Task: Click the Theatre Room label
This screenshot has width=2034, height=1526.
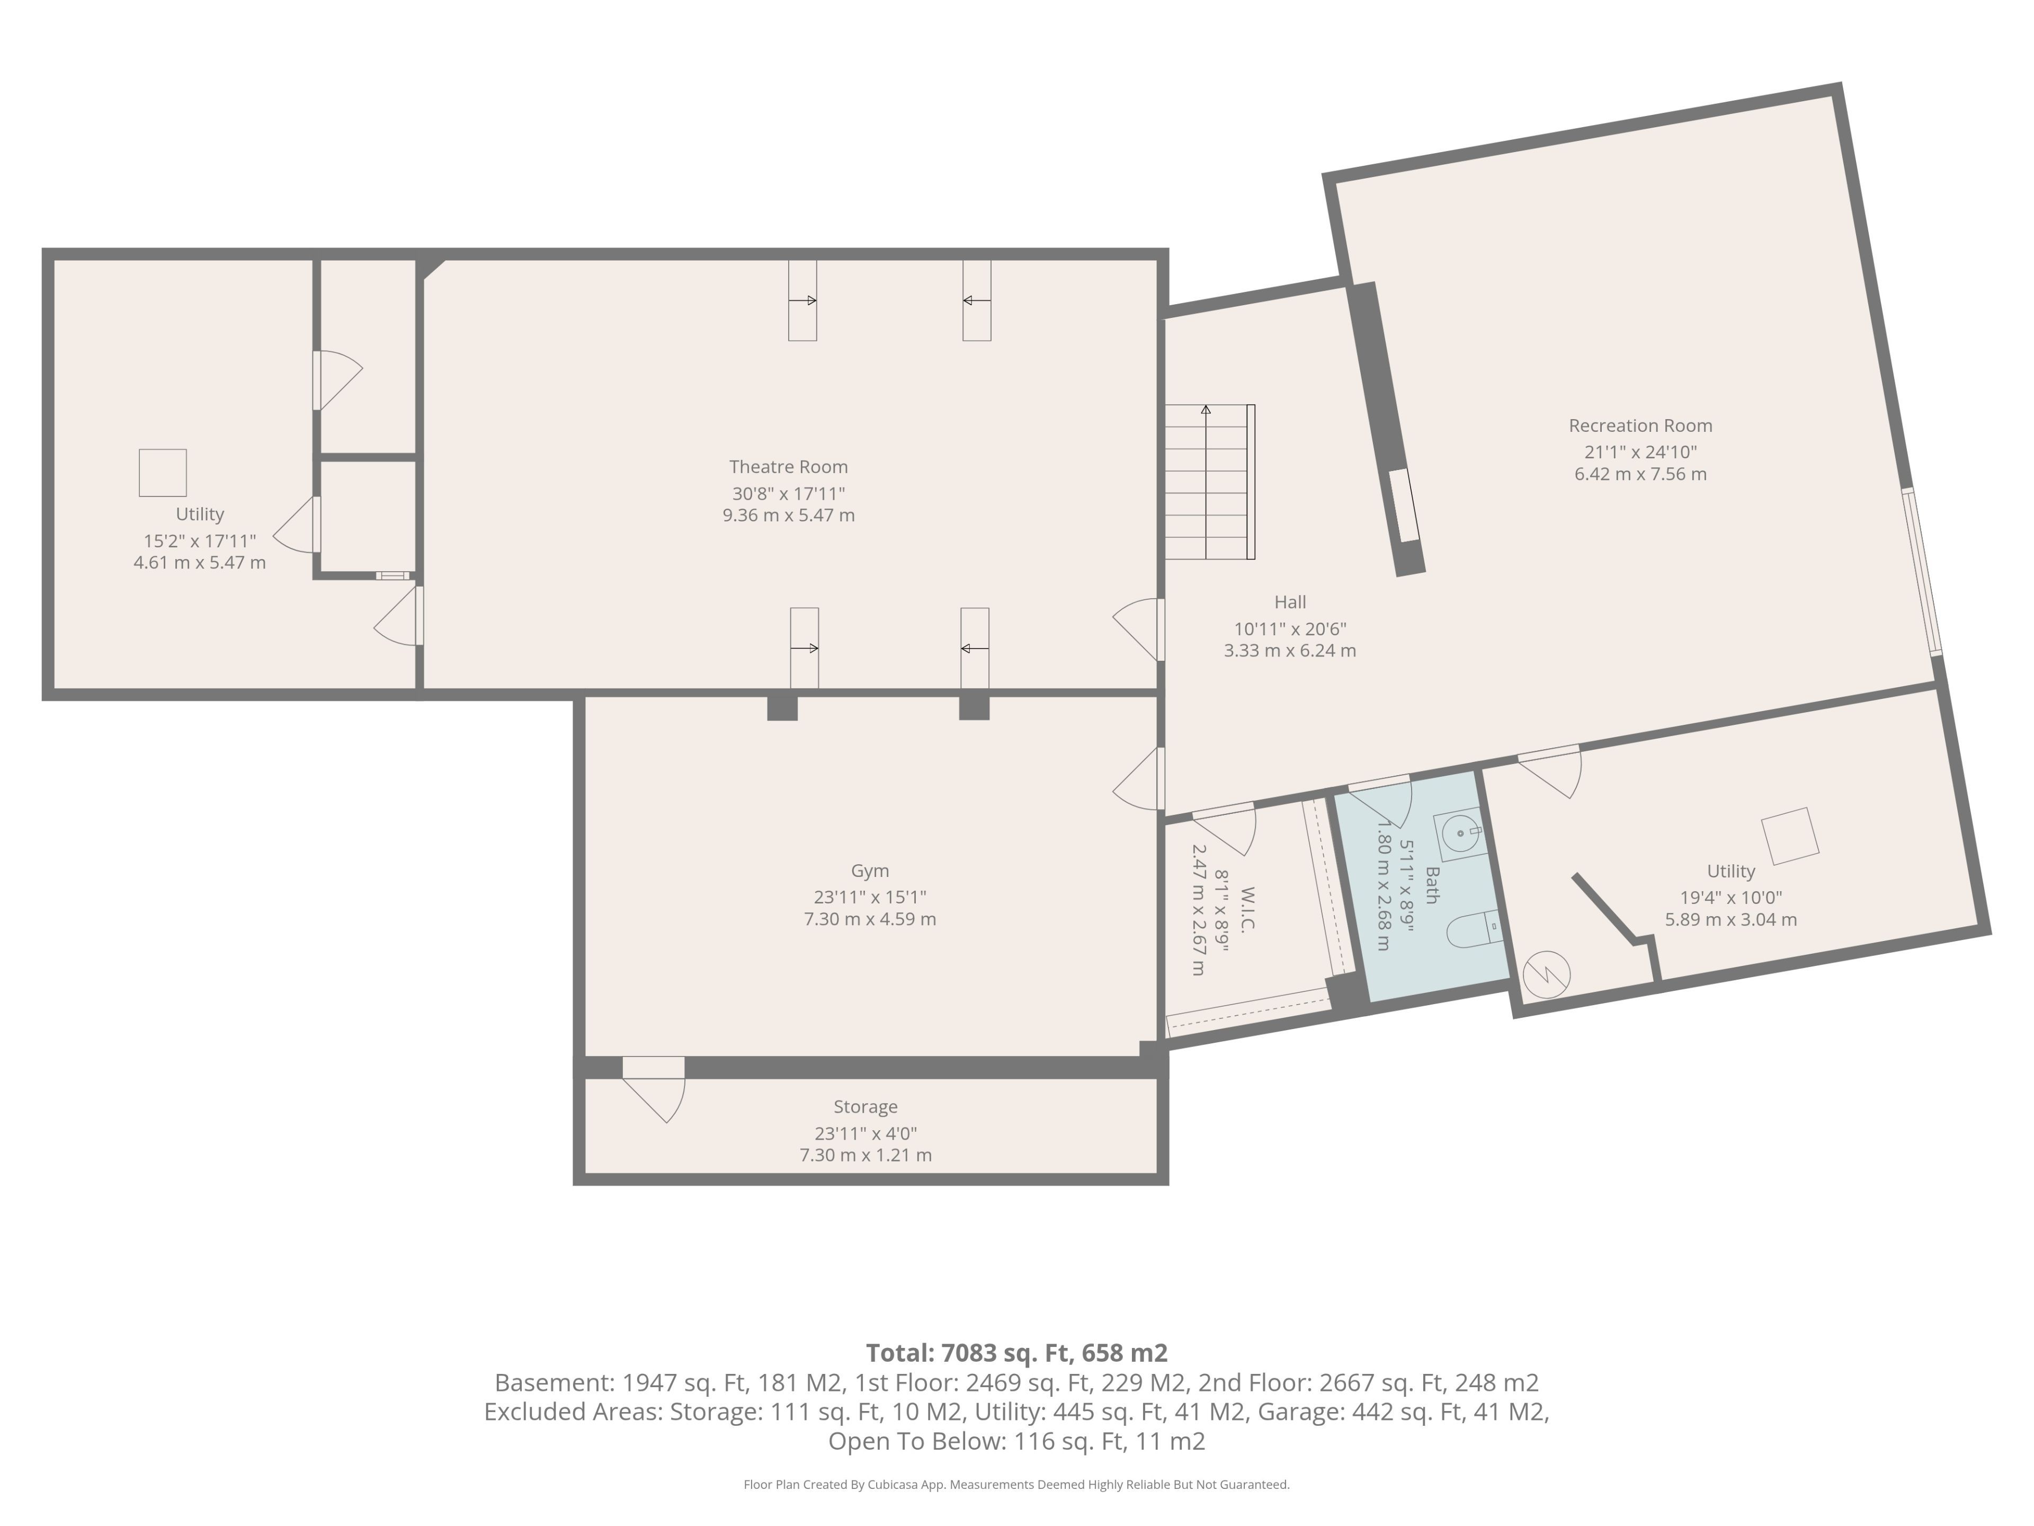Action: (788, 467)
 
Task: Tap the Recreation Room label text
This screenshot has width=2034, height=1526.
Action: (1640, 426)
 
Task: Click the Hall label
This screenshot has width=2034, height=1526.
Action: (1290, 602)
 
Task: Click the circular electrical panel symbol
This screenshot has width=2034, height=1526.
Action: (1547, 974)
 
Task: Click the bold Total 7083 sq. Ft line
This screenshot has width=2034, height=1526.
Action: (1016, 1353)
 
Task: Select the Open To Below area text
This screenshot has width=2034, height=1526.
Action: (1016, 1441)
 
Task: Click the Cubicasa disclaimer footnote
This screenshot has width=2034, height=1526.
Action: (1016, 1485)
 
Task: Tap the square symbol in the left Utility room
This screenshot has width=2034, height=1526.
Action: (163, 473)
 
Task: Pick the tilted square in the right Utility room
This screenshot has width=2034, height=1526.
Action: (1789, 836)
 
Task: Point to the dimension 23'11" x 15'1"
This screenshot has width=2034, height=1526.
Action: (870, 898)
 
